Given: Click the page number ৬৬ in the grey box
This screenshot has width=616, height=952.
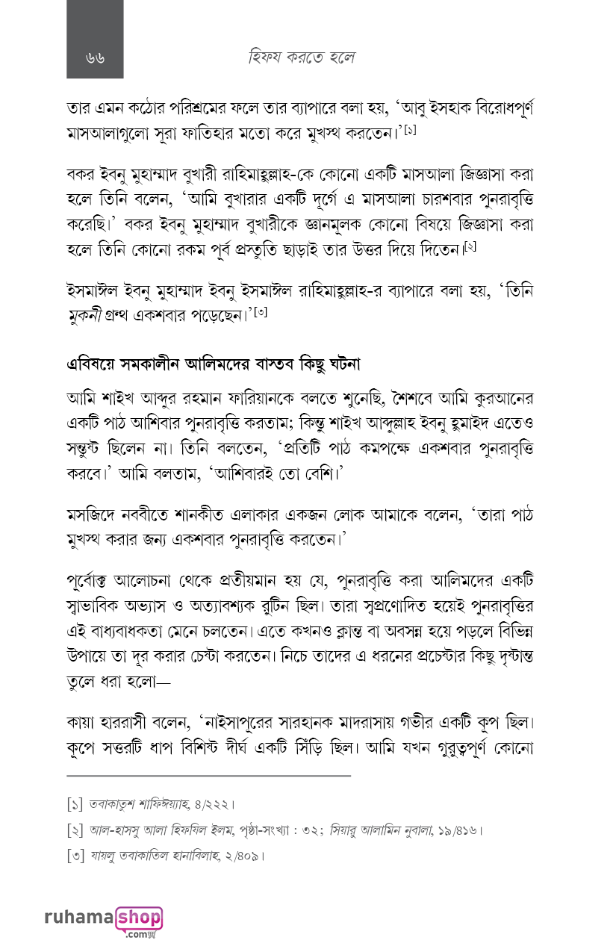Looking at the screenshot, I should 95,57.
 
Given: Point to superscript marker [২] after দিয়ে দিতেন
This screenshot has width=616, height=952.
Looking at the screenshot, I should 470,246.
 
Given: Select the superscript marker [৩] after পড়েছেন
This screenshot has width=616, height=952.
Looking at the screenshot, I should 261,313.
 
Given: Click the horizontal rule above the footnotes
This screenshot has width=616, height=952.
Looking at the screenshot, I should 208,776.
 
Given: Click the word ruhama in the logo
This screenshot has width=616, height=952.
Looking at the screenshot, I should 78,917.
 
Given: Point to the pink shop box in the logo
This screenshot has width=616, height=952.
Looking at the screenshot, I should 139,918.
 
